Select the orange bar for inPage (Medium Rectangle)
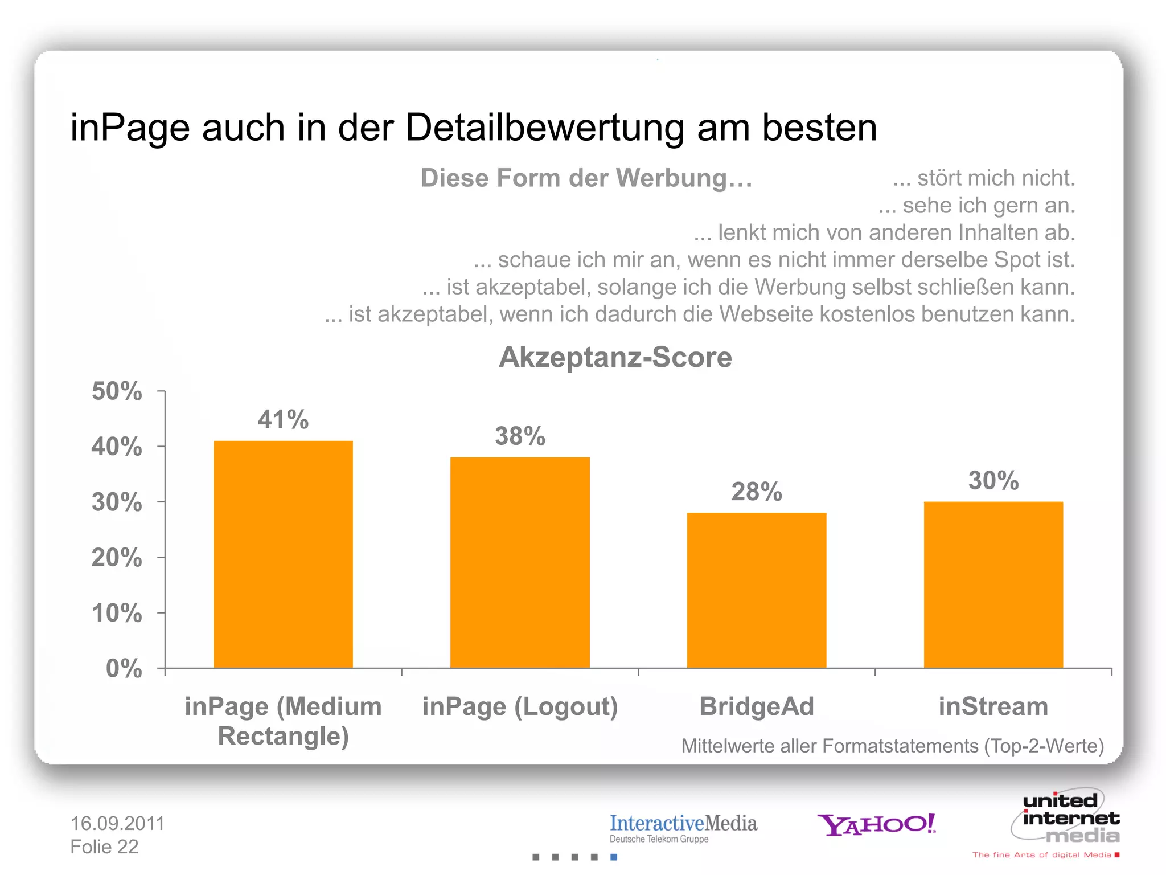pos(283,554)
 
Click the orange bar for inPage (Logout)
pos(520,562)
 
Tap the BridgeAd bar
pos(756,590)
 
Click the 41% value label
pos(283,420)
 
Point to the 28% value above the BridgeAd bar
pos(756,492)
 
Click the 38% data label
pos(520,436)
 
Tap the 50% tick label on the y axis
pos(117,391)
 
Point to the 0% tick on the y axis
pos(124,668)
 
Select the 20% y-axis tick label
pos(117,558)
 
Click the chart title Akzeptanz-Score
pos(615,358)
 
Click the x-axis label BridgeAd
pos(756,706)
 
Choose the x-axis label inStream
pos(993,706)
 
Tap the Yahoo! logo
pos(876,824)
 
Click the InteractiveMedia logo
pos(683,828)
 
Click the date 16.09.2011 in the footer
pos(117,823)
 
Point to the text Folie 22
pos(104,847)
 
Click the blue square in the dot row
pos(614,857)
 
